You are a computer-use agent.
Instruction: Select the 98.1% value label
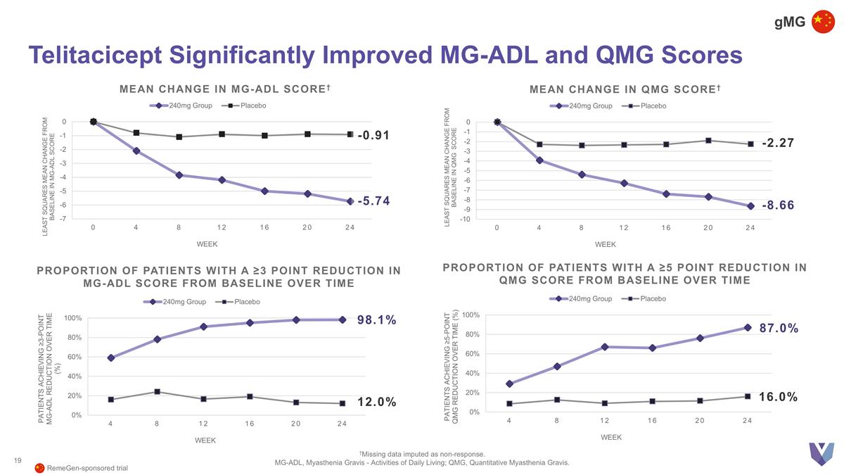377,321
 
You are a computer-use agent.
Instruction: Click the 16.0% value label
778,397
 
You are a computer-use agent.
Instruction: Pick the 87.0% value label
779,329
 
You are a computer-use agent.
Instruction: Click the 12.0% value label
377,403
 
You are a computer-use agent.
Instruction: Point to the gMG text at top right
789,22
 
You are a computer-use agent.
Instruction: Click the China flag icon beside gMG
823,22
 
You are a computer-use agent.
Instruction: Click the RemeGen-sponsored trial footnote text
87,468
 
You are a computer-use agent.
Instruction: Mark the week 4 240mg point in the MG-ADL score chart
136,151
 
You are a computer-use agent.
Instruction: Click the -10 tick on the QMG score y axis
465,220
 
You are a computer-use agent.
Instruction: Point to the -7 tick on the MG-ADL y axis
63,219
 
